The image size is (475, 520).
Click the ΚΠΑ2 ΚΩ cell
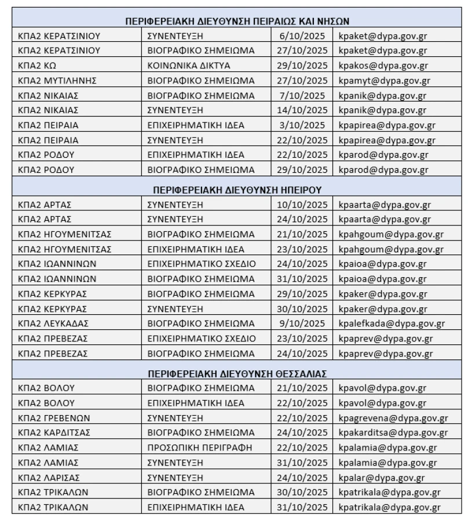tap(37, 66)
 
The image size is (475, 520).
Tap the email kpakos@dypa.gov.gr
tap(383, 66)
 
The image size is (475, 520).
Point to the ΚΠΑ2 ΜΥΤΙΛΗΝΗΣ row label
tap(57, 81)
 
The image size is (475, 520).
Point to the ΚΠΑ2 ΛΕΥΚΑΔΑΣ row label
tap(53, 323)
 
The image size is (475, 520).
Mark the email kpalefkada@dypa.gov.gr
tap(392, 323)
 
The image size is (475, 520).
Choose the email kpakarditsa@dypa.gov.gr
tap(393, 432)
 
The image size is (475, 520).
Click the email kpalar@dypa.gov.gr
tap(382, 478)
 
